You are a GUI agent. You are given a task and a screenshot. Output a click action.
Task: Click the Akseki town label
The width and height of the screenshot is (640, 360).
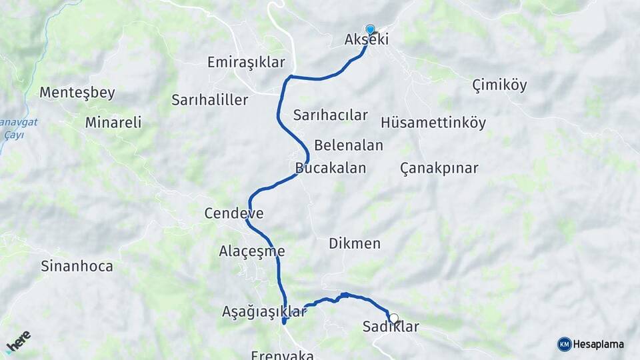(367, 40)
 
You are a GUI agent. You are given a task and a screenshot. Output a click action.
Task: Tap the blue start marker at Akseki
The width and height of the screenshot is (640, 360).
(371, 29)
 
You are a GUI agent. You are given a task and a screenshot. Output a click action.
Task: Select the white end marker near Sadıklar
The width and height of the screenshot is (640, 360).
(393, 319)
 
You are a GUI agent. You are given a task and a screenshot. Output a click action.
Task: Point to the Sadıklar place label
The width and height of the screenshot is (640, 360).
(391, 327)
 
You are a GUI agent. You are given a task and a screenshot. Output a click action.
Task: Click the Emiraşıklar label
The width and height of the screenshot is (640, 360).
(246, 62)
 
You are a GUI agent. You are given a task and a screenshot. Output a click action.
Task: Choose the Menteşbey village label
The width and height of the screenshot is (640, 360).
(77, 93)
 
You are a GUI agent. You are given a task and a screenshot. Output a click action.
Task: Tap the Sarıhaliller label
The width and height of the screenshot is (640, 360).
(209, 100)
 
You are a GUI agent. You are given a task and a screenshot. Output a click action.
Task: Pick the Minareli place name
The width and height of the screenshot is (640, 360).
(113, 122)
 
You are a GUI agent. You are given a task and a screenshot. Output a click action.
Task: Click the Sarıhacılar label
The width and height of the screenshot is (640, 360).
(331, 115)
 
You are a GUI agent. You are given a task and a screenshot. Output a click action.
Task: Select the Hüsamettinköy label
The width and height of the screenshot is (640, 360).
(433, 123)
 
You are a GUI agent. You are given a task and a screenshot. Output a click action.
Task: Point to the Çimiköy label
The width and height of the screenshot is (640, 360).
(499, 85)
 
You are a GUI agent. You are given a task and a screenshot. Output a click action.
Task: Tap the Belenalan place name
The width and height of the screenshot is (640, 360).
(349, 145)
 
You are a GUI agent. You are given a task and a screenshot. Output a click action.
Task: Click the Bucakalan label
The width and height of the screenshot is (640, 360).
(331, 167)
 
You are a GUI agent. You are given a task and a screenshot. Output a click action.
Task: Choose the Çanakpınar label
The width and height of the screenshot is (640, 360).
(439, 167)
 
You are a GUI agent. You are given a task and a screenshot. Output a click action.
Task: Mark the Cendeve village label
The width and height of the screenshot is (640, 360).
(234, 214)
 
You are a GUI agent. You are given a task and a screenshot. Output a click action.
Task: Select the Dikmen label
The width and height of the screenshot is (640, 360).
(355, 243)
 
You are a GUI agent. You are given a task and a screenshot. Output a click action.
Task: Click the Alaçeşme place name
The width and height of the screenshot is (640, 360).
(252, 251)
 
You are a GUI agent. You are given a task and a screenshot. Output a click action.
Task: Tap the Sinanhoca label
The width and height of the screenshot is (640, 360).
(77, 267)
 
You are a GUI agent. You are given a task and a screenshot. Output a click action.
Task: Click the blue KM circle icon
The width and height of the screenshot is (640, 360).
(564, 344)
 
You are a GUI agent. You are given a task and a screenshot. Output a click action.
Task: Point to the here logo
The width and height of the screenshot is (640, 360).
(18, 341)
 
